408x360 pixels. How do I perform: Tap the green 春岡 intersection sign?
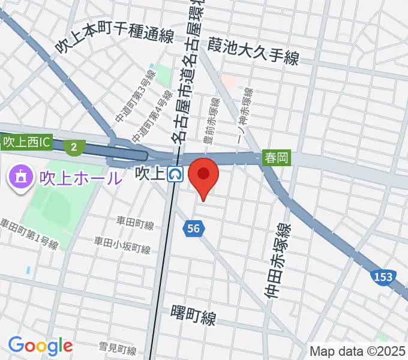(276, 158)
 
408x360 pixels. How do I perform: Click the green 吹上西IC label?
(27, 143)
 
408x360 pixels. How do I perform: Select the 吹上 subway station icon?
(176, 174)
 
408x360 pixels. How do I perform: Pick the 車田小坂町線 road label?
(122, 244)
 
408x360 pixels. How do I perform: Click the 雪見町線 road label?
(117, 349)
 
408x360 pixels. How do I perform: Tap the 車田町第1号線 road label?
(29, 235)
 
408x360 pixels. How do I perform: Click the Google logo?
(40, 346)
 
